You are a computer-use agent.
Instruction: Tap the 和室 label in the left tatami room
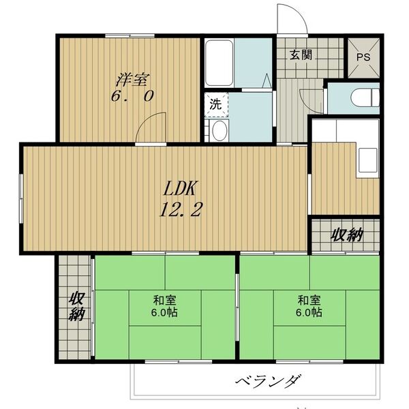tap(163, 299)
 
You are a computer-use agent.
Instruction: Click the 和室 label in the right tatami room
tap(308, 299)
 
